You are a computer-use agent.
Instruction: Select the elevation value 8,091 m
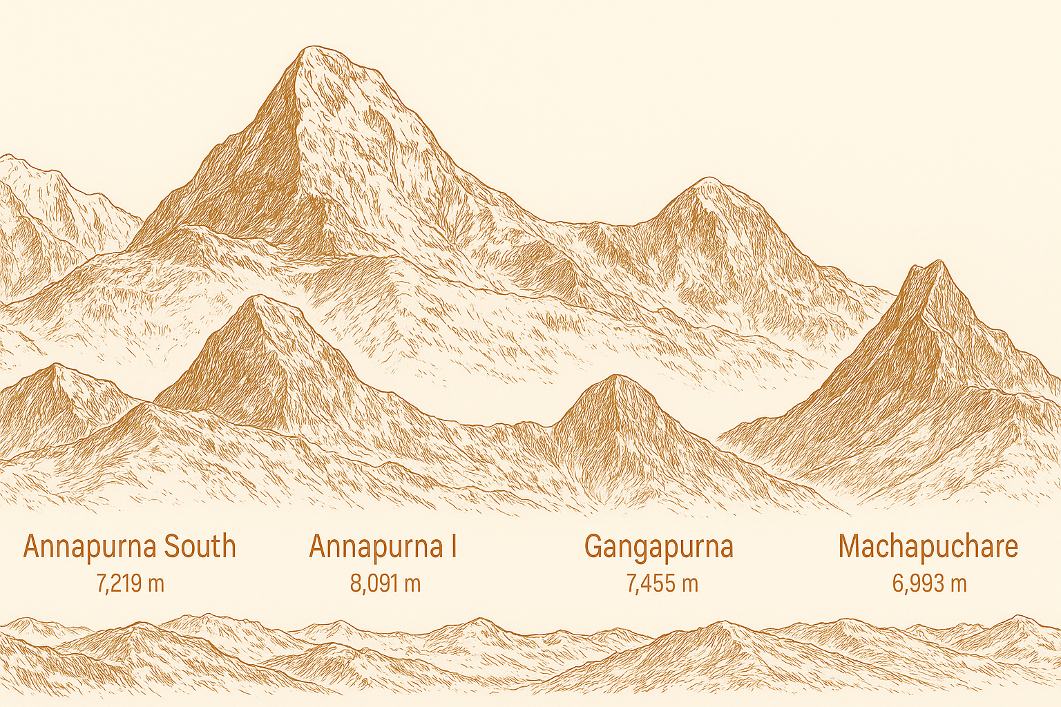[x=385, y=583]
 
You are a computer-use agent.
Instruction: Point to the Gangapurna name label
[x=658, y=547]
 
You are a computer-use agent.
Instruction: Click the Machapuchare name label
[x=928, y=546]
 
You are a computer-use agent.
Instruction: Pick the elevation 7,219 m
[x=130, y=583]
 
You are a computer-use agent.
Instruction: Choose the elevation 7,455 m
[x=662, y=583]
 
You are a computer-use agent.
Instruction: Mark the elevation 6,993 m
[x=928, y=583]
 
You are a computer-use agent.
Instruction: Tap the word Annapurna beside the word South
[x=90, y=547]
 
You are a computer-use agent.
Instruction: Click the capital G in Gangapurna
[x=594, y=546]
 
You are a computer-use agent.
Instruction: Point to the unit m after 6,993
[x=957, y=584]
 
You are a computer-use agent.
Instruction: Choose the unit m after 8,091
[x=412, y=584]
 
